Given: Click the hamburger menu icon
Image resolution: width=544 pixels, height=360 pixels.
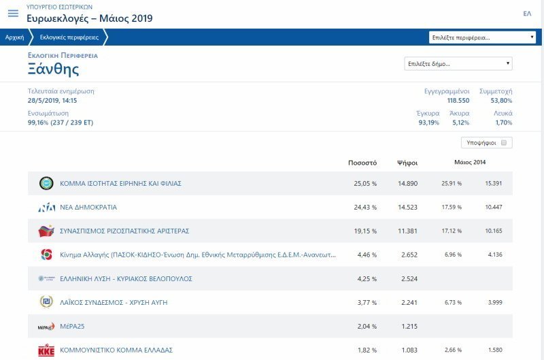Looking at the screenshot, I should coord(13,14).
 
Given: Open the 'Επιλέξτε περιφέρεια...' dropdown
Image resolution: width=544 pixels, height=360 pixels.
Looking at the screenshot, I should coord(482,37).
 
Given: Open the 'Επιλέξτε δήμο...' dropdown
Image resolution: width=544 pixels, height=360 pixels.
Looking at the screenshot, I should coord(458,64).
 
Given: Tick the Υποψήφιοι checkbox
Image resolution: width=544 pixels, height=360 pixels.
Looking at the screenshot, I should coord(504,143).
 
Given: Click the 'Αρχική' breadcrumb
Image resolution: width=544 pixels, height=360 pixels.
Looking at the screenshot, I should coord(14,37).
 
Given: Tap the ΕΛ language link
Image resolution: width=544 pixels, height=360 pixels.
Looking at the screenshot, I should coord(527,14).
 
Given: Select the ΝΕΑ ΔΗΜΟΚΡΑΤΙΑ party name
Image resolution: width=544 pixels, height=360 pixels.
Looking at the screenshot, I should coord(88,207).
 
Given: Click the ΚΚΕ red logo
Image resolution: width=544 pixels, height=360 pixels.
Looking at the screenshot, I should coord(46,350).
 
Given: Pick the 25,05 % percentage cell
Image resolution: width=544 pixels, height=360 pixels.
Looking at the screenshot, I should coord(365,183).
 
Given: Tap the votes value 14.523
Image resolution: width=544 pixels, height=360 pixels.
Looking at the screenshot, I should coord(407,207).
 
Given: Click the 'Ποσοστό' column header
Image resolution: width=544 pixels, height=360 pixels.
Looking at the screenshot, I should coord(362,163).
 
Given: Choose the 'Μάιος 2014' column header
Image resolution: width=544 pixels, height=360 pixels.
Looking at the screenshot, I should coord(470,163).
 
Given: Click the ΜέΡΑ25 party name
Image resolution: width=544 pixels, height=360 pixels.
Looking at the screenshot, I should coord(73,326).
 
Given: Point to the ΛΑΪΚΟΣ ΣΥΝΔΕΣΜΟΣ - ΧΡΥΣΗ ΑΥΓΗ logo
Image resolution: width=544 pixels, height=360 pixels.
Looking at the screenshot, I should coord(46,302).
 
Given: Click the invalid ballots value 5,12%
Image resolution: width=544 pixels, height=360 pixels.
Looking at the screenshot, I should coord(460,122).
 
